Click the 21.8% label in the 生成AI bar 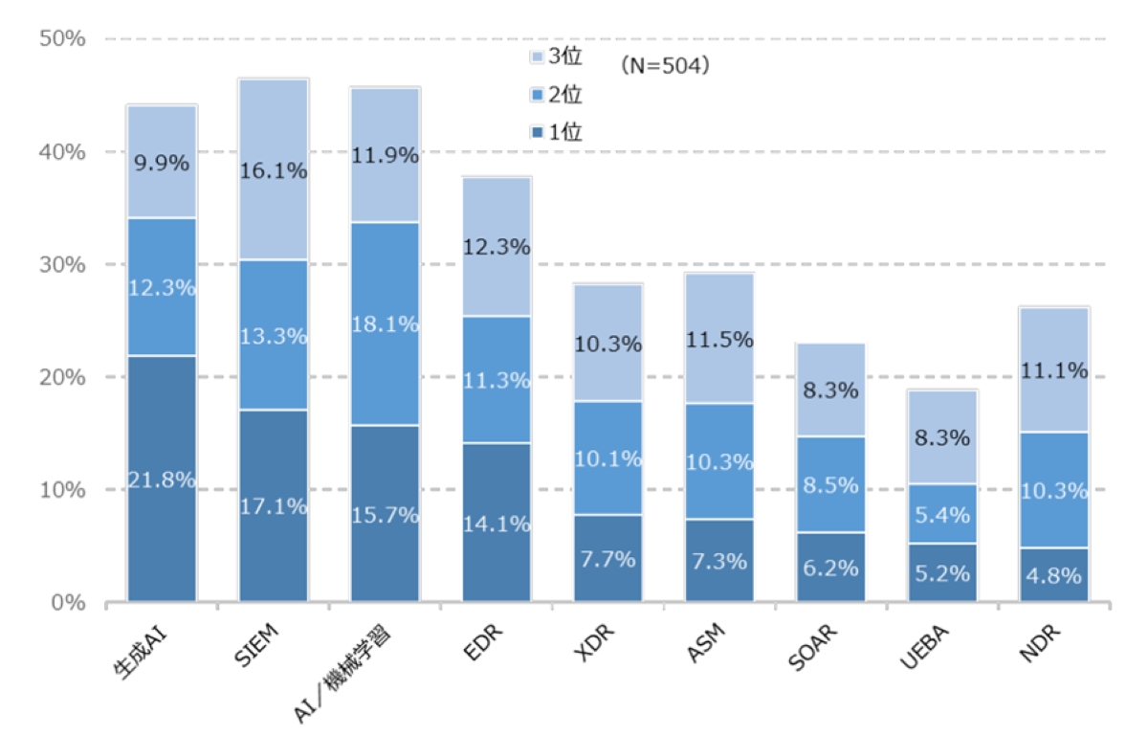[x=162, y=480]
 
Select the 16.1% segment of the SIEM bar [x=274, y=170]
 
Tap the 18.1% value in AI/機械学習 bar [x=385, y=324]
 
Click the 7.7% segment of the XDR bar [x=607, y=559]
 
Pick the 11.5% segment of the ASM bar [x=719, y=339]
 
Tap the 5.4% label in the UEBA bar [x=942, y=515]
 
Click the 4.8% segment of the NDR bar [x=1053, y=576]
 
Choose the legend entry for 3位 [x=555, y=58]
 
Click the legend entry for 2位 [x=555, y=95]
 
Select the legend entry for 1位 [x=555, y=132]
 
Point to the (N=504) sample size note [x=663, y=66]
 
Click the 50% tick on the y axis [x=64, y=39]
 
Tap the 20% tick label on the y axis [x=64, y=377]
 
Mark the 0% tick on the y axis [x=70, y=603]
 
